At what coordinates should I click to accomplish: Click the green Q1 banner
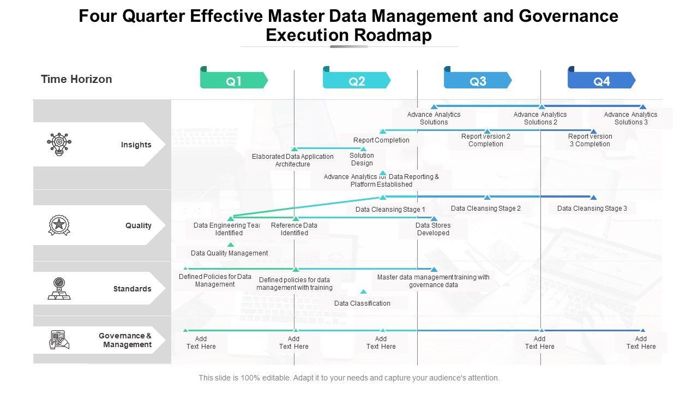pyautogui.click(x=234, y=81)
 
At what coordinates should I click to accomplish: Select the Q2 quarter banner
pyautogui.click(x=357, y=81)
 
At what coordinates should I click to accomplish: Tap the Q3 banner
pyautogui.click(x=478, y=81)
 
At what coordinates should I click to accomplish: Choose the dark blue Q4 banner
pyautogui.click(x=601, y=81)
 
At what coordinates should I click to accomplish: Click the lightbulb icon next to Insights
pyautogui.click(x=59, y=144)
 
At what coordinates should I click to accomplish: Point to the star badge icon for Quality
pyautogui.click(x=59, y=225)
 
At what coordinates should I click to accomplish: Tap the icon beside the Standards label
pyautogui.click(x=59, y=289)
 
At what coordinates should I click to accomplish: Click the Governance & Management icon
pyautogui.click(x=59, y=340)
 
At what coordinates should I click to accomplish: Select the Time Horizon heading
pyautogui.click(x=76, y=79)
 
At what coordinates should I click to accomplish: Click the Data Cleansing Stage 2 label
pyautogui.click(x=485, y=208)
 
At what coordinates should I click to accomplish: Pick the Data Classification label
pyautogui.click(x=362, y=303)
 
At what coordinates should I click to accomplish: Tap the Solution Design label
pyautogui.click(x=362, y=159)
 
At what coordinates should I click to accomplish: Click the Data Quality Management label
pyautogui.click(x=229, y=253)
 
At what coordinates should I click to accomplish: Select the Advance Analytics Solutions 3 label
pyautogui.click(x=630, y=118)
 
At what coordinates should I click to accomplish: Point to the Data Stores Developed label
pyautogui.click(x=433, y=229)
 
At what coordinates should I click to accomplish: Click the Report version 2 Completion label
pyautogui.click(x=485, y=140)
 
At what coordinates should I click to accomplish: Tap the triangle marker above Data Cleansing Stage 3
pyautogui.click(x=593, y=198)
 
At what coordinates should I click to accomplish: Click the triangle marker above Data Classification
pyautogui.click(x=363, y=292)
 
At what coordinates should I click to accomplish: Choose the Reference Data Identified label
pyautogui.click(x=294, y=229)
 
